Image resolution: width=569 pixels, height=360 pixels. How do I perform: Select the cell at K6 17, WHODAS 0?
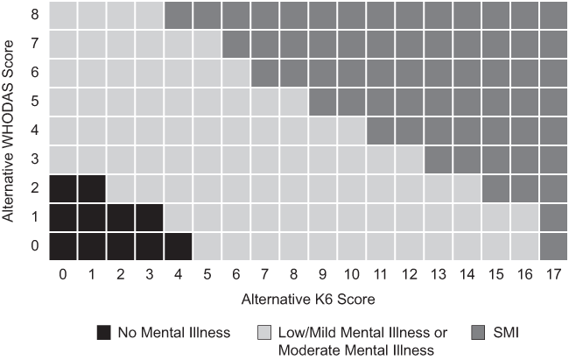[x=553, y=245]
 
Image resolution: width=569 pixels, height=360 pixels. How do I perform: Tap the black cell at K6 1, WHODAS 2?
[x=91, y=188]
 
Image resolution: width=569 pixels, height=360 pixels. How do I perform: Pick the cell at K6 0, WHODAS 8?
[x=62, y=15]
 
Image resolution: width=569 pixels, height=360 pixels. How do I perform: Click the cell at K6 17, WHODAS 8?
[x=553, y=15]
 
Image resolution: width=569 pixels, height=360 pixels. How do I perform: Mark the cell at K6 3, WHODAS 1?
[x=149, y=216]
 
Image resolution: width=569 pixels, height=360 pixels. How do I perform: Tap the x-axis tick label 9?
[x=322, y=273]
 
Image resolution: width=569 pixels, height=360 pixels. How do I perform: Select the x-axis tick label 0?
[x=62, y=273]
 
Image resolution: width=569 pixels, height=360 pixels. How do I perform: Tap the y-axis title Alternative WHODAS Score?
[x=11, y=131]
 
